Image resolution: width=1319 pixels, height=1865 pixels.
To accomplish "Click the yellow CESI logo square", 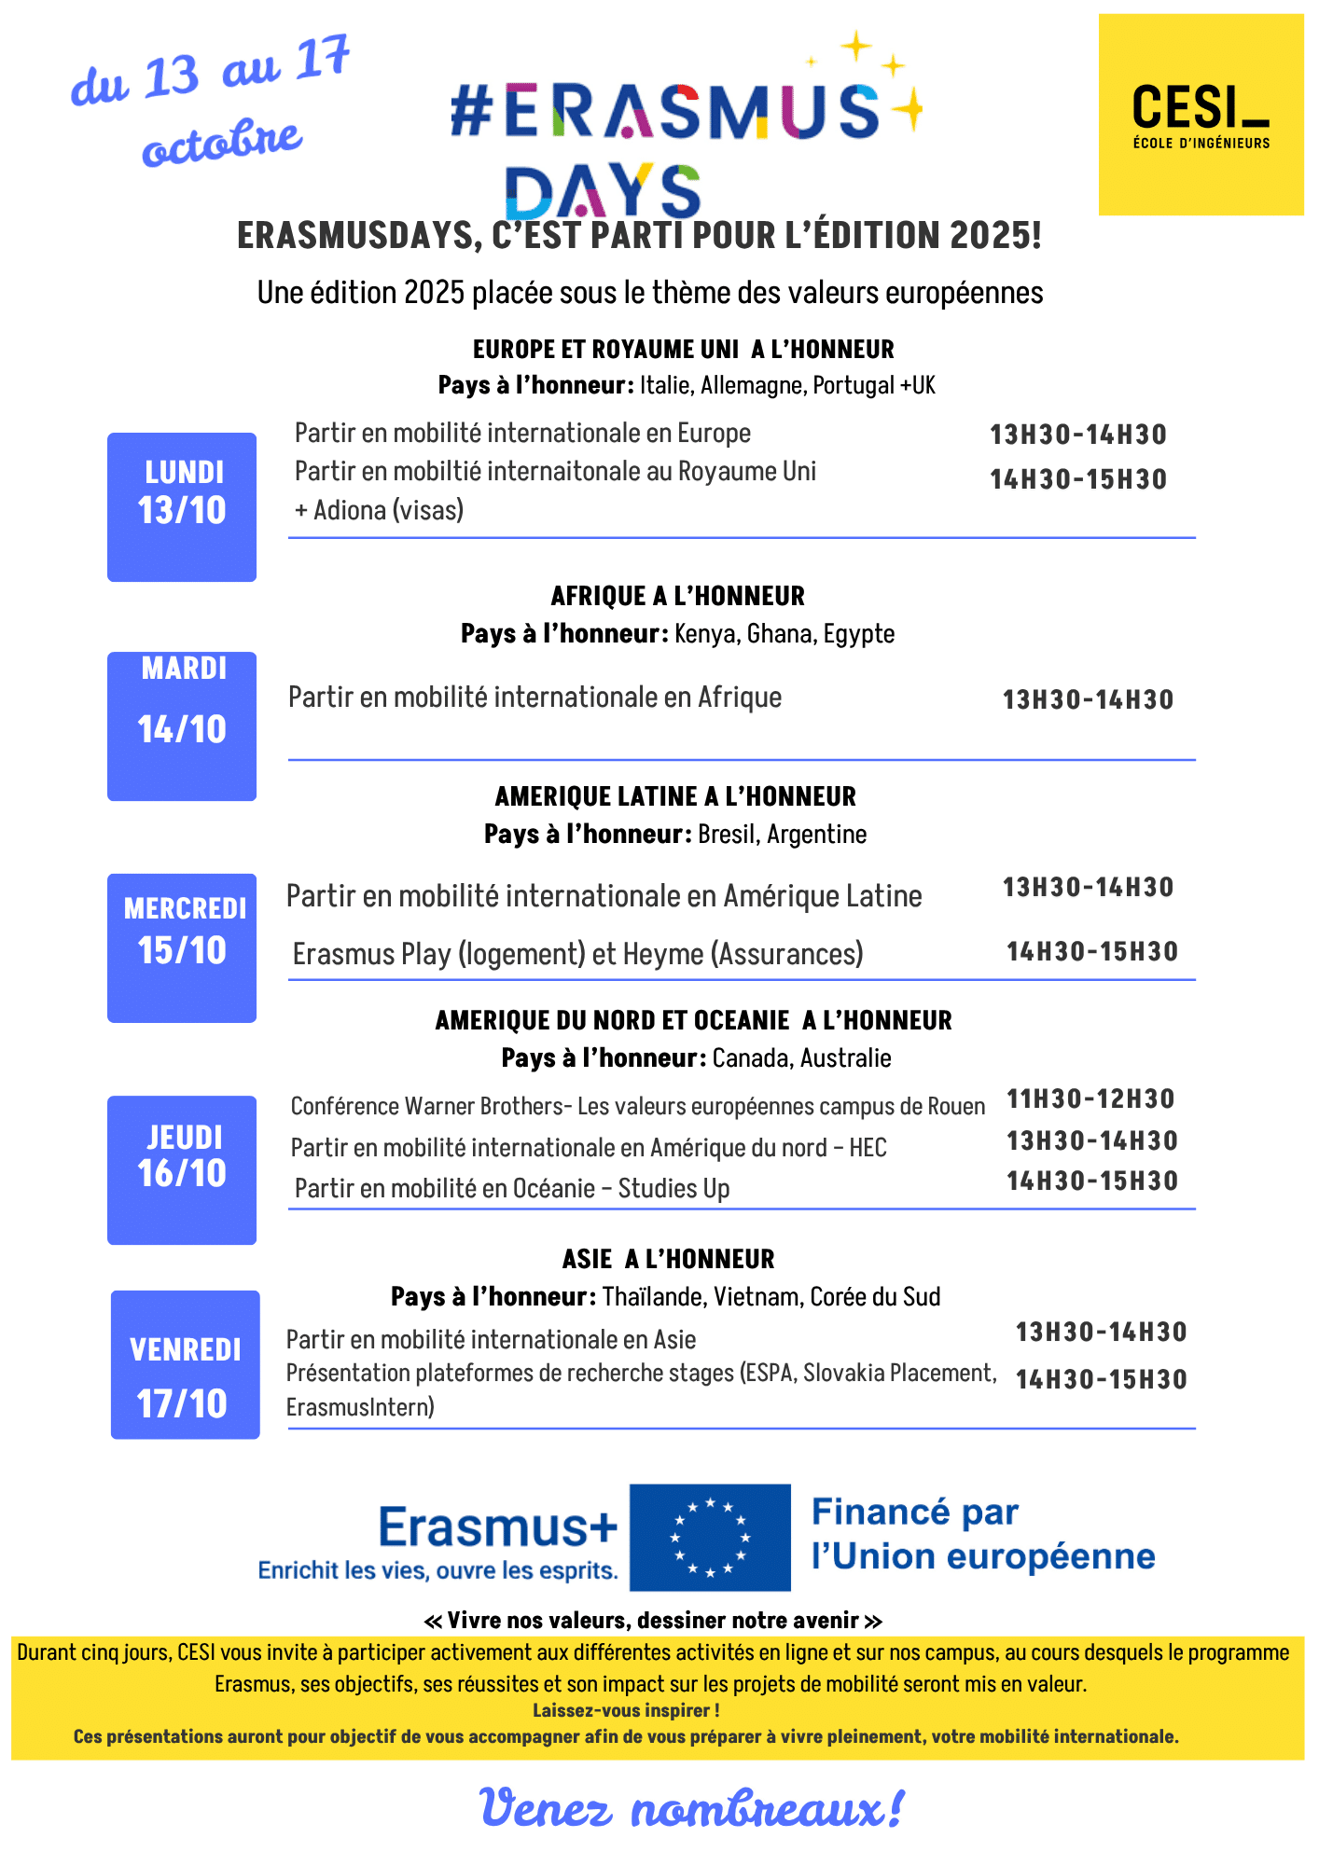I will (x=1201, y=115).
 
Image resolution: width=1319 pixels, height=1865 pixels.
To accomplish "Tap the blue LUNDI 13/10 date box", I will (x=182, y=506).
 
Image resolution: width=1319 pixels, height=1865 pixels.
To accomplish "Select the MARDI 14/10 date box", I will (x=182, y=725).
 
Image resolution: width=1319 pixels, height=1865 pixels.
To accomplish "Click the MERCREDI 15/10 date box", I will (x=182, y=947).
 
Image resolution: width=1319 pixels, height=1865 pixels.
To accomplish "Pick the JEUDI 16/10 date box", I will (x=182, y=1169).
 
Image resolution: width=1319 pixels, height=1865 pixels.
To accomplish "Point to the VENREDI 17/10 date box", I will (x=185, y=1364).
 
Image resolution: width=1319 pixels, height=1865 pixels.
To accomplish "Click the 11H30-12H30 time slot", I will (x=1090, y=1098).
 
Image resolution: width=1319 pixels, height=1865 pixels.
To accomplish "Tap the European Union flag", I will (x=710, y=1537).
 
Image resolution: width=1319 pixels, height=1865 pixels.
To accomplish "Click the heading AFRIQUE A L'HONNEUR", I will (x=677, y=596).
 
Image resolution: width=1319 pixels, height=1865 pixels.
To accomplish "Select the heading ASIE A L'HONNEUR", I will (x=668, y=1259).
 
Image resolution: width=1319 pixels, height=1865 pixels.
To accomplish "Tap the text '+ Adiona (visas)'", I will (x=379, y=510).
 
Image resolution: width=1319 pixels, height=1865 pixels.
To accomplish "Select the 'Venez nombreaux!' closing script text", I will (x=691, y=1809).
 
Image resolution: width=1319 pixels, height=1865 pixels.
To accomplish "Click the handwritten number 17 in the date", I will (x=322, y=59).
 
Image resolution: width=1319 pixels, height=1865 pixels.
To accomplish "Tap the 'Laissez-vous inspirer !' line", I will (x=626, y=1710).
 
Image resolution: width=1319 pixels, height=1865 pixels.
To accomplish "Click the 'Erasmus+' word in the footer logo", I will (x=498, y=1528).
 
